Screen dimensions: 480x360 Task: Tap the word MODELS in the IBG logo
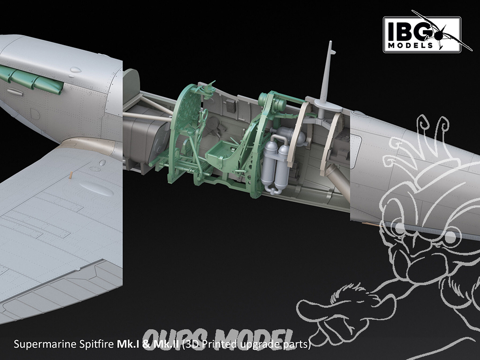pyautogui.click(x=410, y=46)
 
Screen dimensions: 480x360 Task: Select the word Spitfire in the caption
pyautogui.click(x=97, y=344)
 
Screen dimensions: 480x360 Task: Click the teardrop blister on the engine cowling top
pyautogui.click(x=76, y=70)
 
